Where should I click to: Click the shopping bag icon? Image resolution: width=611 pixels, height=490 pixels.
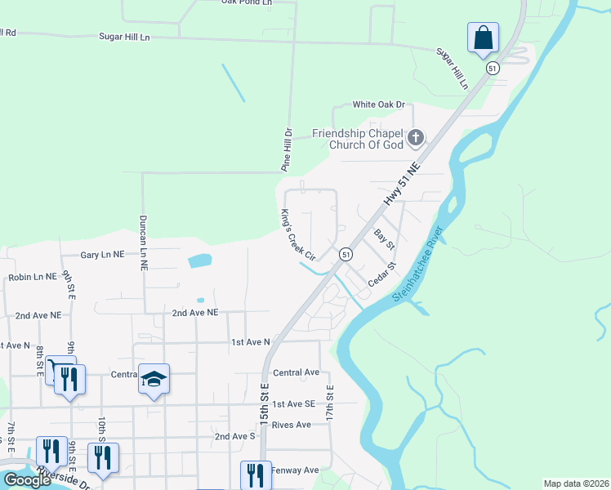(483, 38)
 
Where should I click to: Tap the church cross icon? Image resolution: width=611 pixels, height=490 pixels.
(417, 136)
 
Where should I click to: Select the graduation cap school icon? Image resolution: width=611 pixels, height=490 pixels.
(154, 378)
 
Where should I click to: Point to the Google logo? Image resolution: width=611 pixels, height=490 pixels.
(28, 480)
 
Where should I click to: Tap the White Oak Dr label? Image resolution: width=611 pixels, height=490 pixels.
(378, 105)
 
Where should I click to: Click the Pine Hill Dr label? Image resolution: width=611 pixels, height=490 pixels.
(287, 149)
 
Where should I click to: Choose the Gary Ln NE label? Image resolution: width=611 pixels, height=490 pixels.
(102, 255)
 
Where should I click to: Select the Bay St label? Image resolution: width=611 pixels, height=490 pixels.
(384, 239)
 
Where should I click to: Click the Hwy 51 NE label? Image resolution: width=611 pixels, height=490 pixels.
(401, 188)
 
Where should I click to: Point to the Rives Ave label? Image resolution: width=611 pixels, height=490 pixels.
(292, 425)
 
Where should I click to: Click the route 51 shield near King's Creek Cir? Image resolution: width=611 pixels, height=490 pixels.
(347, 254)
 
